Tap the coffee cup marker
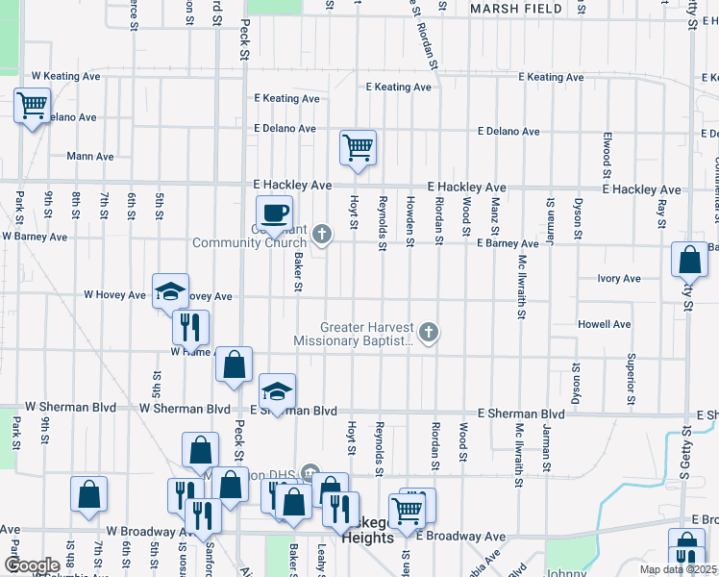point(274,213)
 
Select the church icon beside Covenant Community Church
point(322,234)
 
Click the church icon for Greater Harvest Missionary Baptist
point(429,334)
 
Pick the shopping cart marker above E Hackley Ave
point(358,148)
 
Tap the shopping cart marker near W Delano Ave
point(32,105)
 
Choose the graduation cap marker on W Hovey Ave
point(170,291)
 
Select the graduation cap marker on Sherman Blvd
point(277,391)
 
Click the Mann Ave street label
point(90,156)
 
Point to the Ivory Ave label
point(618,279)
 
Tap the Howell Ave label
point(604,324)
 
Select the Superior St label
point(632,378)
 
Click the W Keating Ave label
point(65,74)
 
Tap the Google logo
point(32,565)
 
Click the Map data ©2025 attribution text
point(680,569)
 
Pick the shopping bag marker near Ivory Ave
point(688,260)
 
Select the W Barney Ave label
point(35,236)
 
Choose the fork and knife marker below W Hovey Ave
point(190,327)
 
